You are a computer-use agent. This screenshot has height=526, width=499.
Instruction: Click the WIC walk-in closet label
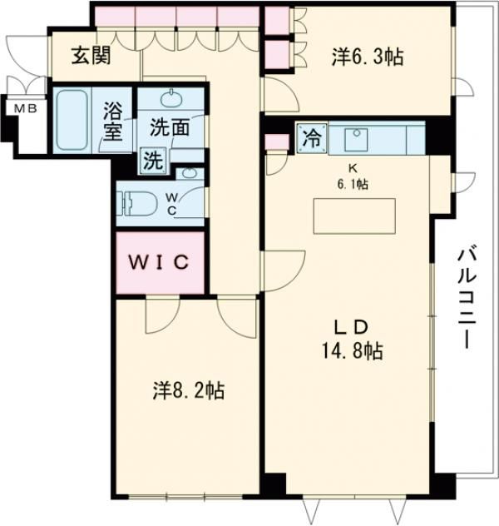[159, 262]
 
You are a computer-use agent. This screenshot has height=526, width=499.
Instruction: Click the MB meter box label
[17, 107]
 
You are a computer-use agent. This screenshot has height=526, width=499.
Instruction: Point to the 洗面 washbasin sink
[171, 100]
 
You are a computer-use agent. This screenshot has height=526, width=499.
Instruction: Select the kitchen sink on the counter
[358, 138]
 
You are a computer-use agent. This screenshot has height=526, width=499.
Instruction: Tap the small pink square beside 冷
[273, 139]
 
